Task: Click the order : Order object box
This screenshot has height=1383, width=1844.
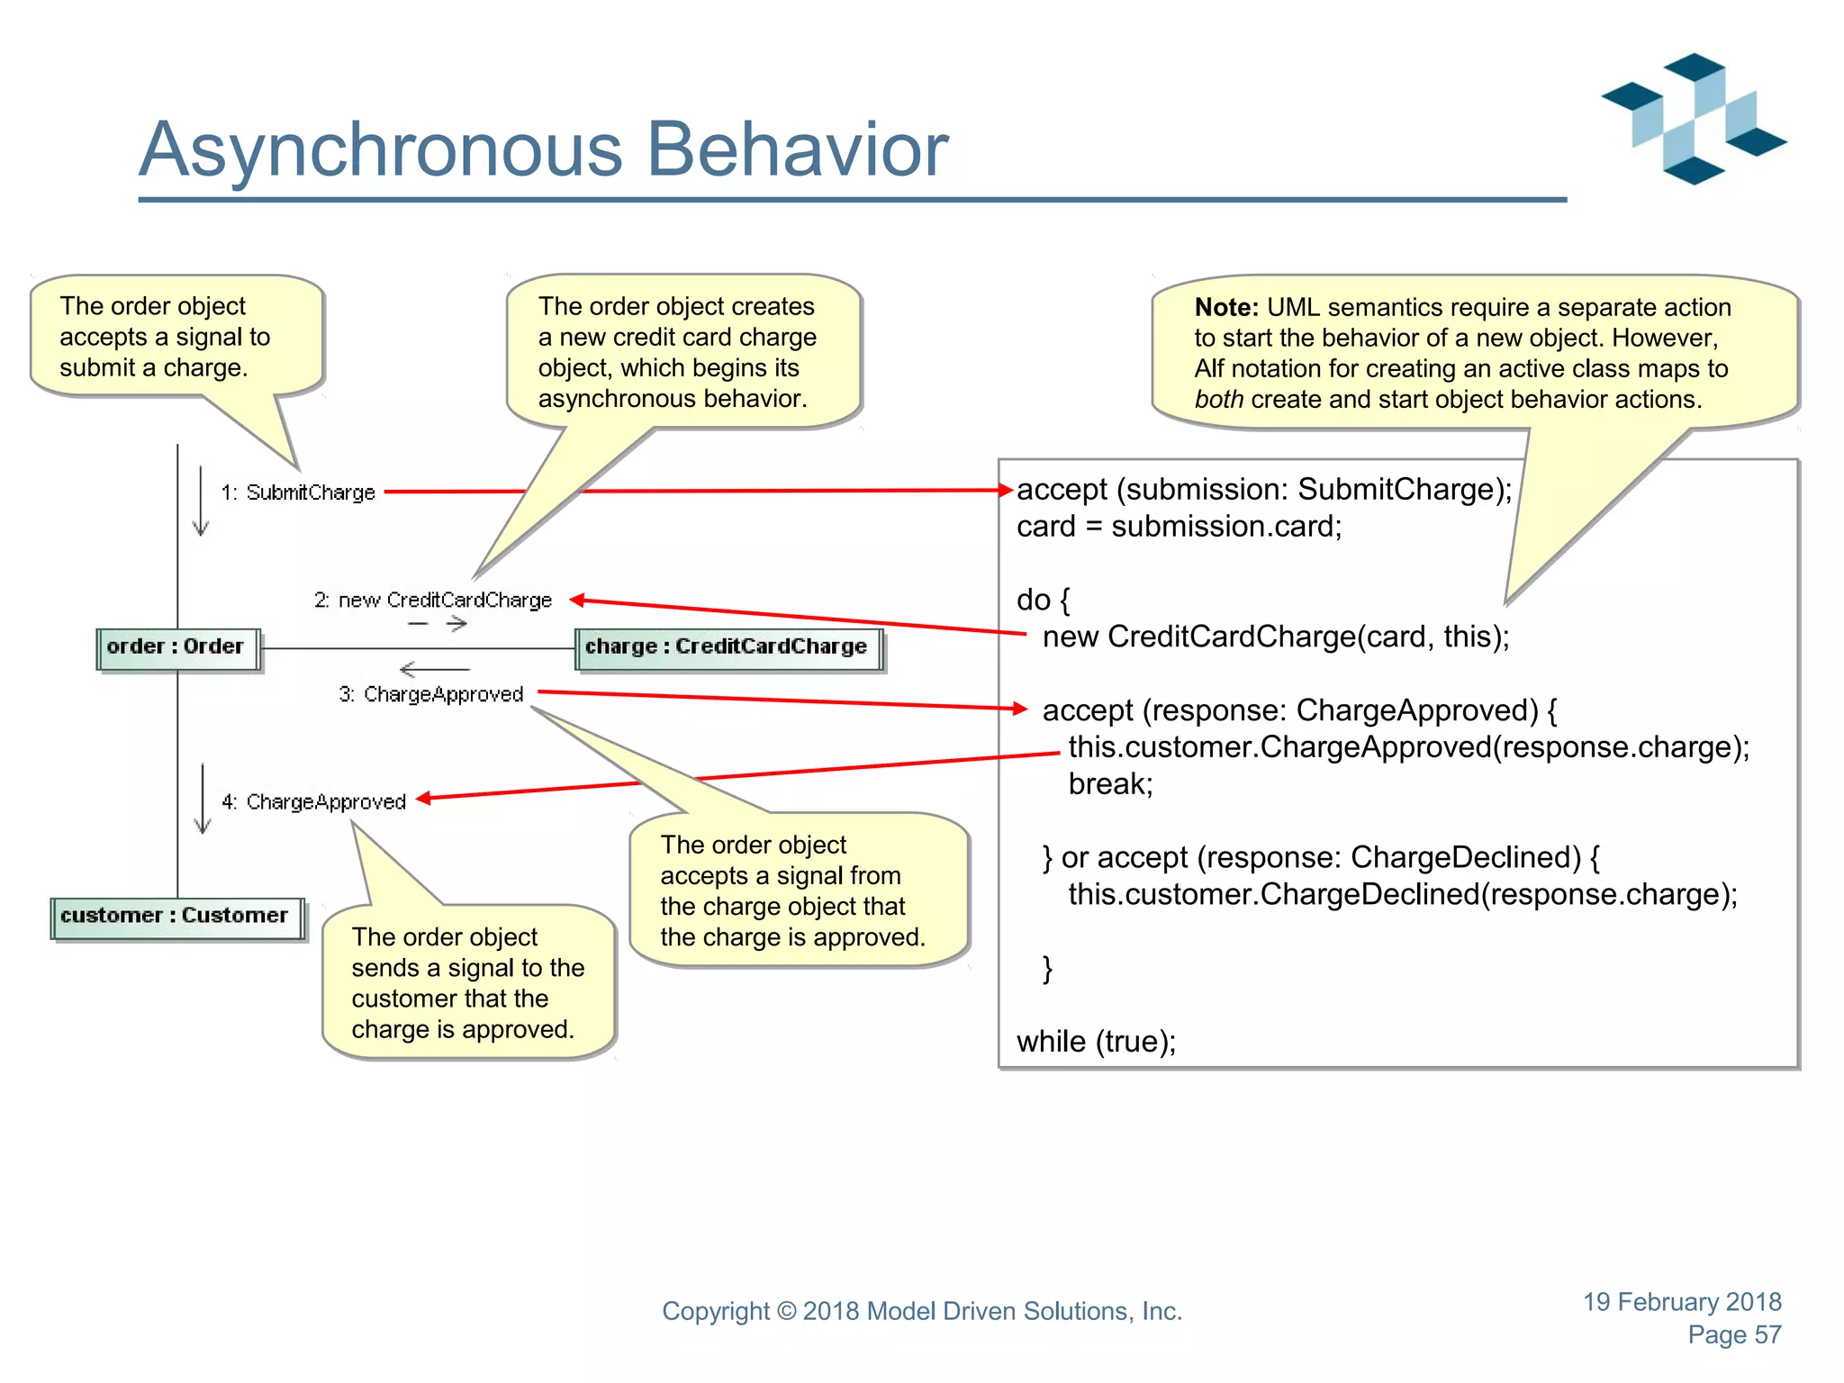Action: tap(177, 648)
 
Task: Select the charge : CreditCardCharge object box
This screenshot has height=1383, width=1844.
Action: tap(728, 648)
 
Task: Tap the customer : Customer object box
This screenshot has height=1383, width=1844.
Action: tap(176, 917)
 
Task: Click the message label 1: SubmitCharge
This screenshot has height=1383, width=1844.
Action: tap(298, 493)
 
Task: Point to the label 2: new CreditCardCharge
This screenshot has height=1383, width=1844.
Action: tap(433, 601)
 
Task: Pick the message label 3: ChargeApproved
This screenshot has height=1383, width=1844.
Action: tap(431, 694)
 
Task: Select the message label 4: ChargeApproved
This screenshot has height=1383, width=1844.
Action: tap(314, 802)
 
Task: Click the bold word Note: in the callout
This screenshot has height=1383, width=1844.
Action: tap(1226, 308)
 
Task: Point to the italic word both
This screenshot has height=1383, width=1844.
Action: tap(1218, 400)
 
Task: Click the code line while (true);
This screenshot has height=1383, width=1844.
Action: tap(1096, 1042)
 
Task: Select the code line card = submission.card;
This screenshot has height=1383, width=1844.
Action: tap(1179, 527)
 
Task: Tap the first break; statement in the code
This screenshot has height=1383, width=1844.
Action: tap(1109, 784)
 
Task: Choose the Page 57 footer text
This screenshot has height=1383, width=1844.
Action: tap(1734, 1335)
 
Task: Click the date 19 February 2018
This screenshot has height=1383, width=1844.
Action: tap(1682, 1302)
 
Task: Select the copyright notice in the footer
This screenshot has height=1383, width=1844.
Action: tap(921, 1312)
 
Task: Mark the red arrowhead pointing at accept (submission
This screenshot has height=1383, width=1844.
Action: tap(1007, 491)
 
